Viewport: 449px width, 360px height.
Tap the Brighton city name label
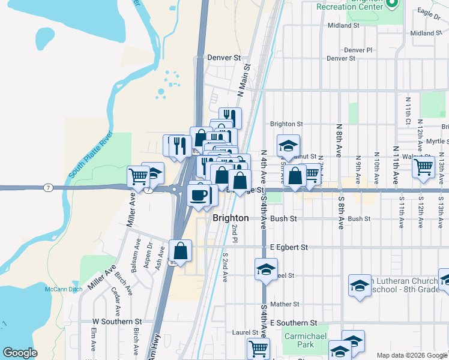231,218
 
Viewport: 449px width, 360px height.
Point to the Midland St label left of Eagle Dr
343,26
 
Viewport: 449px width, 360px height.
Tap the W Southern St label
116,322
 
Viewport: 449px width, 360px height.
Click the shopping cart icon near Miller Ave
138,177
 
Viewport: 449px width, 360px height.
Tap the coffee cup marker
198,194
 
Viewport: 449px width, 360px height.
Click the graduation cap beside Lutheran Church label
360,286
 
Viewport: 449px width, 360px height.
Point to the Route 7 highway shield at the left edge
48,188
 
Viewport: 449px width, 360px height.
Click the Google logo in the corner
20,353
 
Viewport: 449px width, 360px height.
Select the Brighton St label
286,124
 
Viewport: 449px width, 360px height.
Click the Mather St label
285,305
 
